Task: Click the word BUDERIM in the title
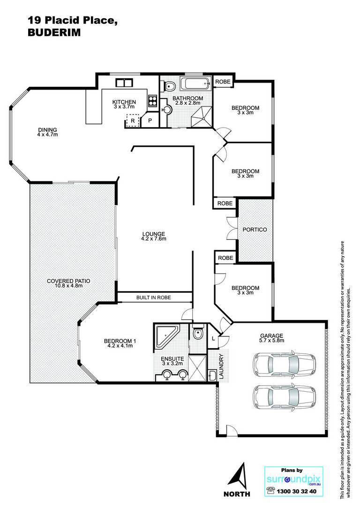(x=54, y=32)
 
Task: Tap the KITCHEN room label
(x=124, y=102)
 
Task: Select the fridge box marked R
(x=133, y=121)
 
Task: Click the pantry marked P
(x=150, y=121)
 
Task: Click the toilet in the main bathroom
(x=168, y=86)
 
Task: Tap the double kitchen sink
(x=124, y=83)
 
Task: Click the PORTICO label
(x=255, y=229)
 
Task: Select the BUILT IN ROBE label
(x=153, y=297)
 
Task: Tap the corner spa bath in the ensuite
(x=166, y=336)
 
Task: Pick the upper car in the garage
(x=284, y=364)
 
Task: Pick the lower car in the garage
(x=284, y=398)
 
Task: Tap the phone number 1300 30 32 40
(x=296, y=491)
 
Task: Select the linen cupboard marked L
(x=213, y=338)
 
